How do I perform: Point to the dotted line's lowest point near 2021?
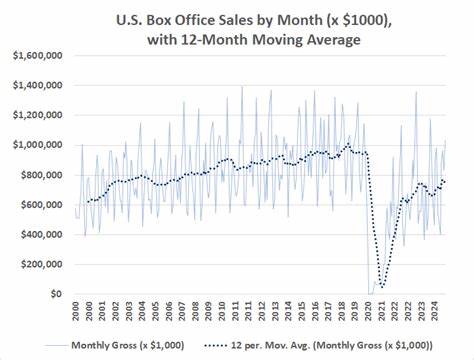pyautogui.click(x=382, y=287)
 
